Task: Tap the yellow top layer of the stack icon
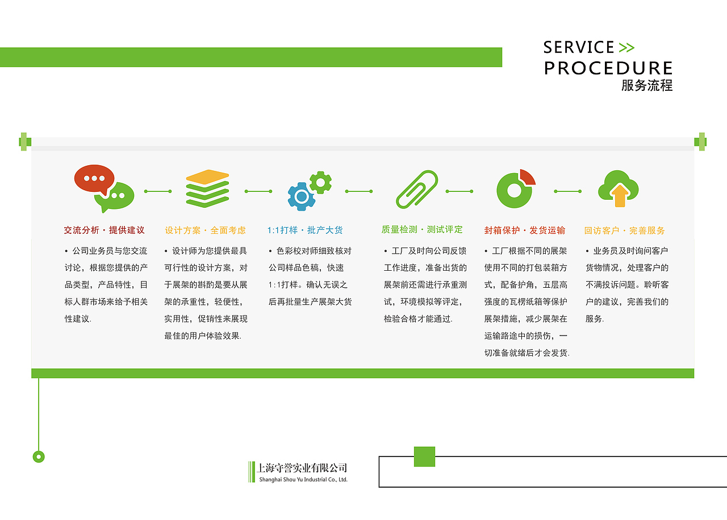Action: point(207,177)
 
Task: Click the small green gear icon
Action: point(320,182)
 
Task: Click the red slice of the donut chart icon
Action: point(528,177)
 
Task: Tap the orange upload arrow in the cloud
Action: point(620,196)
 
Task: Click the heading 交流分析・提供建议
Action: point(105,230)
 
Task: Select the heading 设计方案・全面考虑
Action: point(205,230)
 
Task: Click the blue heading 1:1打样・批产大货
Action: point(305,230)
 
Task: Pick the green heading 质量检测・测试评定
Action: point(422,230)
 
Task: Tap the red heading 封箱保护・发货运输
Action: point(525,230)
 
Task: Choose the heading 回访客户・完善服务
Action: point(624,230)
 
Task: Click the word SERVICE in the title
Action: point(579,47)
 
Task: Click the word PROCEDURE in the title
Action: point(608,69)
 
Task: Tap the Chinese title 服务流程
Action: point(647,86)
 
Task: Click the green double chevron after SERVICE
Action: point(626,48)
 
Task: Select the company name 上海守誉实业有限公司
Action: point(302,468)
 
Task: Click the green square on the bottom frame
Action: point(424,456)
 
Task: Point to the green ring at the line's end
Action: point(39,456)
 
